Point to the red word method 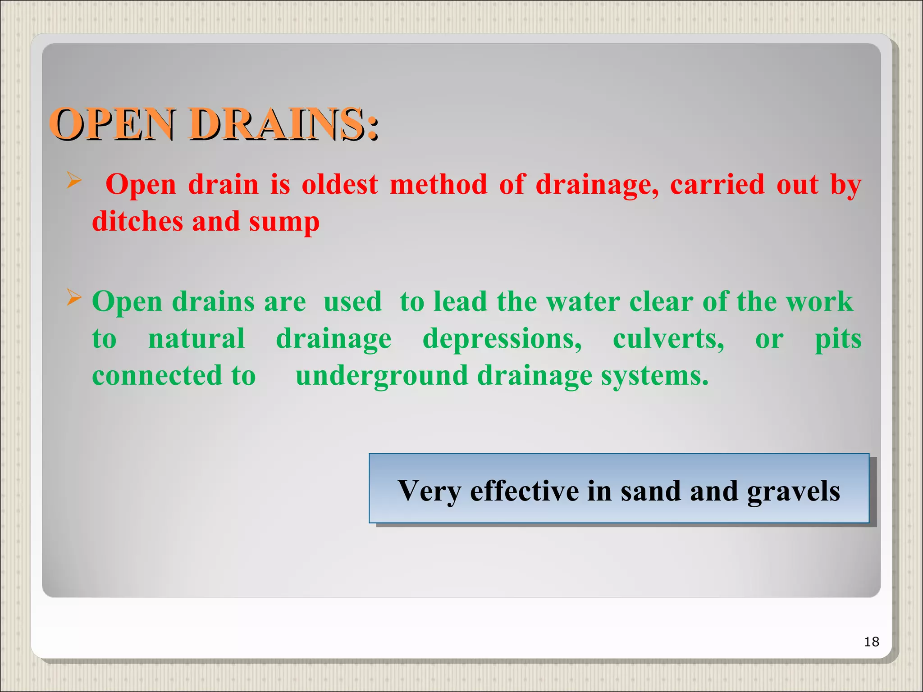pyautogui.click(x=439, y=185)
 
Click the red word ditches pyautogui.click(x=137, y=222)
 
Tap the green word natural pyautogui.click(x=196, y=339)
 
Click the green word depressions pyautogui.click(x=502, y=340)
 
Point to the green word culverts pyautogui.click(x=668, y=339)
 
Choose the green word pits pyautogui.click(x=838, y=340)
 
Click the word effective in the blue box pyautogui.click(x=524, y=491)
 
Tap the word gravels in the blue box pyautogui.click(x=793, y=492)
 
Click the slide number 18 pyautogui.click(x=872, y=642)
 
